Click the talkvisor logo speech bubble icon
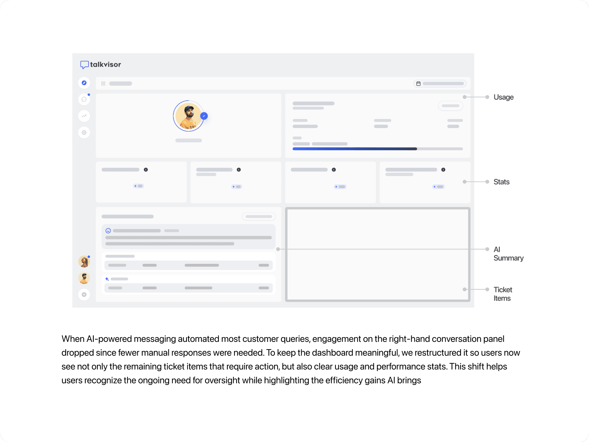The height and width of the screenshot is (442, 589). click(84, 65)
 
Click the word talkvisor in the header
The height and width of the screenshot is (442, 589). click(106, 64)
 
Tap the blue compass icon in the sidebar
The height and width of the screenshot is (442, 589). click(84, 83)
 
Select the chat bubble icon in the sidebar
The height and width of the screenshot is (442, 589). click(84, 99)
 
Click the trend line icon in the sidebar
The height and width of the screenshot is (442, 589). click(84, 116)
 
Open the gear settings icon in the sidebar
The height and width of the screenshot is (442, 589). click(84, 133)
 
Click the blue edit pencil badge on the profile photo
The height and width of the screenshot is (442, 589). click(204, 116)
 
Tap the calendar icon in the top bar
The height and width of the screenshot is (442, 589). click(418, 84)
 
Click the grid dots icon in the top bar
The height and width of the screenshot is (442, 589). click(103, 84)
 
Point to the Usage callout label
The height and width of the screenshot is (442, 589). click(503, 97)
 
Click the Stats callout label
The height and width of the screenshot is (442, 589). click(501, 182)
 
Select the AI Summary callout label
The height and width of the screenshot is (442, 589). click(508, 254)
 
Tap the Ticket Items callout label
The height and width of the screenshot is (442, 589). click(503, 294)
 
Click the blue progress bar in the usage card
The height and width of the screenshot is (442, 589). click(354, 149)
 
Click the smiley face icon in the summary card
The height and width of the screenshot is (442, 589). click(108, 230)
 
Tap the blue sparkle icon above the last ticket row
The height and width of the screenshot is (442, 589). click(107, 279)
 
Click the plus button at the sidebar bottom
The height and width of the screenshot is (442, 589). click(84, 295)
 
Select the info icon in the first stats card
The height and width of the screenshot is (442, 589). click(146, 170)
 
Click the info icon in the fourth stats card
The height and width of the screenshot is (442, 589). click(443, 170)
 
